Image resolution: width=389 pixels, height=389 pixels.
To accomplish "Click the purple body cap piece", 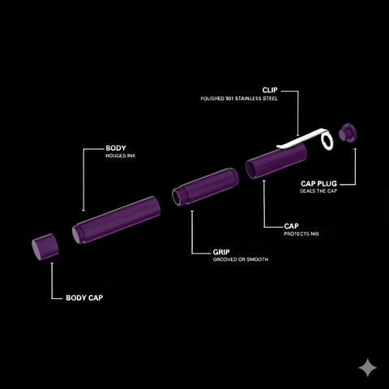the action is point(45,247).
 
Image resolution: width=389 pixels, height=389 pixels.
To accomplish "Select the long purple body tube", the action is point(116,220).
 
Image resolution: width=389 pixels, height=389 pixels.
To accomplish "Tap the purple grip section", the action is point(205,186).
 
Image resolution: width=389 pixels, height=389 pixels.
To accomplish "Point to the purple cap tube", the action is point(276,161).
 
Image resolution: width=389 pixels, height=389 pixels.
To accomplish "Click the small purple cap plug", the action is point(348,132).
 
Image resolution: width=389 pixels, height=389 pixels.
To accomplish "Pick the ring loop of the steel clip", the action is point(327,140).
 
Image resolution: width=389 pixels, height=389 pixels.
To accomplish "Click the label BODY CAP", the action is point(84,297).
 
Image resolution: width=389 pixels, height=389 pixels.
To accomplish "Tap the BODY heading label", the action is point(116,148).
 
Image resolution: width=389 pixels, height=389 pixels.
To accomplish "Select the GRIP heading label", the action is point(221,252).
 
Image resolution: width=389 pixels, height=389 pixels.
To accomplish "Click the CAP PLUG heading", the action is point(318,184).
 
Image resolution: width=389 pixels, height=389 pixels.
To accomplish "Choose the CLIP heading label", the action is point(270,90).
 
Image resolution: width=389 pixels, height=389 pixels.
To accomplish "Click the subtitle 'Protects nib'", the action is point(301,233).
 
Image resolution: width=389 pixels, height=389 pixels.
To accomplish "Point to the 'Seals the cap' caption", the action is point(318,191).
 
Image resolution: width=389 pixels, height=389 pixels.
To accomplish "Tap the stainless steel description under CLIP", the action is point(239,99).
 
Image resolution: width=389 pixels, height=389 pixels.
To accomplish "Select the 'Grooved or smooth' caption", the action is point(241,259).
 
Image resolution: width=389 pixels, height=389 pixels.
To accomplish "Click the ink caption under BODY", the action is point(121,156).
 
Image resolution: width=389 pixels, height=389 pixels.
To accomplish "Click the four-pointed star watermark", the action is point(368,368).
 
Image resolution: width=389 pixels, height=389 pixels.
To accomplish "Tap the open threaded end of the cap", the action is point(250,170).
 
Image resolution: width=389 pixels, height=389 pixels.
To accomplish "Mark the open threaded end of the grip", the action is point(177,198).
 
